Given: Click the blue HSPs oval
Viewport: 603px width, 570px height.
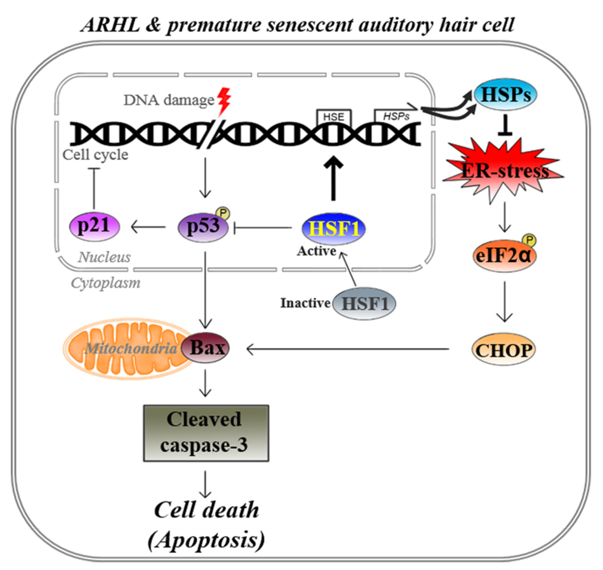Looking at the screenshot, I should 506,95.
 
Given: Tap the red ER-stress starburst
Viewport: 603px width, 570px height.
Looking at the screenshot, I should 504,171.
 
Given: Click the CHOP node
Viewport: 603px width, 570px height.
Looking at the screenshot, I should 504,350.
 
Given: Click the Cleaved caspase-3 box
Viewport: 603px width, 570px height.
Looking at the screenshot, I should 206,433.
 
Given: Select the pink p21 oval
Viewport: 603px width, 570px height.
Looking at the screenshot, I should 94,226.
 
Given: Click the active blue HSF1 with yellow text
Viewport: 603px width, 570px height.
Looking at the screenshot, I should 333,229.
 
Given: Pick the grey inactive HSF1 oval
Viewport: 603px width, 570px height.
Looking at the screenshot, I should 364,303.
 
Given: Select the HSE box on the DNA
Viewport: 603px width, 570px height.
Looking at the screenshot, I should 333,117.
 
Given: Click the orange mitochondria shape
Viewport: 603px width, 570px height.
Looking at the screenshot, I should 128,349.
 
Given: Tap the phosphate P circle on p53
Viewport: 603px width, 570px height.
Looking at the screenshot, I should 223,214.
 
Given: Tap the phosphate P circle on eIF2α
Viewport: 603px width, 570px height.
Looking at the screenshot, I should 529,240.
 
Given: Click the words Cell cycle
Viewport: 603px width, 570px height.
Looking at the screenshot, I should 95,155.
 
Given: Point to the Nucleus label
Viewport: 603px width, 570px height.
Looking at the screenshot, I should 104,257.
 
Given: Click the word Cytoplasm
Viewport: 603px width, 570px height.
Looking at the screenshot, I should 106,283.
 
